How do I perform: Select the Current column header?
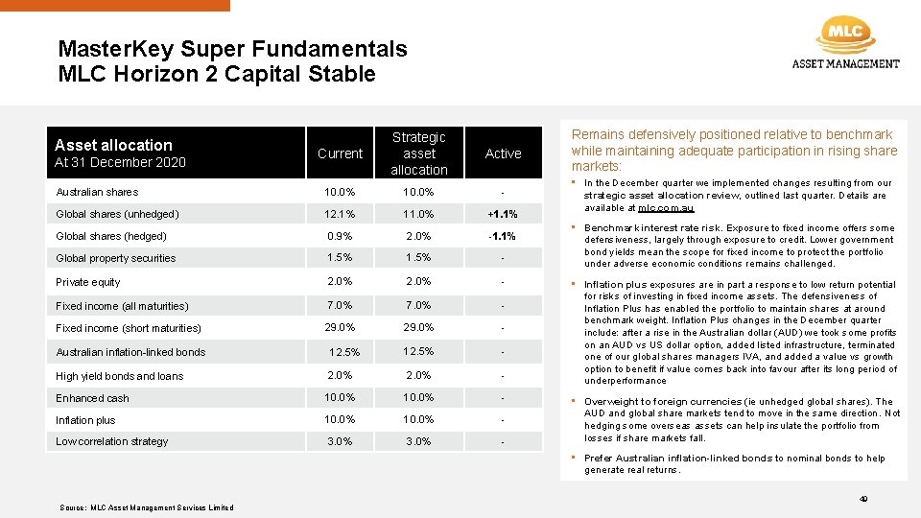(340, 153)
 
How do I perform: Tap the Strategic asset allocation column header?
(419, 153)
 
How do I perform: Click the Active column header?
(503, 153)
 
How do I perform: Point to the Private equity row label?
(88, 282)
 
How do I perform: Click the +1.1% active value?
(503, 214)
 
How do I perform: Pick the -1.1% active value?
(503, 236)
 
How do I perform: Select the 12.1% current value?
(340, 214)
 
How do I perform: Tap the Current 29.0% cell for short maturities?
(340, 328)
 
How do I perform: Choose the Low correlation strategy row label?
(111, 441)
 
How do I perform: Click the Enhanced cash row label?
(92, 398)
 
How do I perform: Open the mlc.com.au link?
(665, 208)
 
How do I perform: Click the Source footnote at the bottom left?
(146, 507)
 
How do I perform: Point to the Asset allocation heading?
(113, 145)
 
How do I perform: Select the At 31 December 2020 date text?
(120, 162)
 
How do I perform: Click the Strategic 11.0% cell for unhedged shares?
(419, 214)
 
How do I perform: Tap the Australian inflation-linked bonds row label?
(130, 352)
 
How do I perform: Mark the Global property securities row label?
(115, 258)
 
